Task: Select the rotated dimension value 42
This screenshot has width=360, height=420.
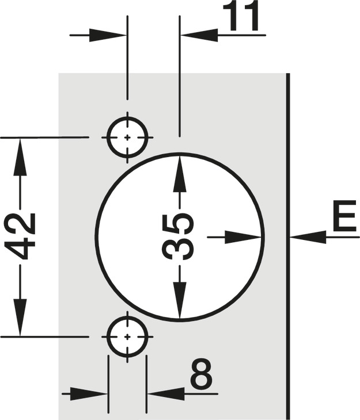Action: pyautogui.click(x=20, y=236)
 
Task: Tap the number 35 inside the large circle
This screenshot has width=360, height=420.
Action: pyautogui.click(x=178, y=236)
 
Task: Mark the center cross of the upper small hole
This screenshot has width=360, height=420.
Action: pyautogui.click(x=127, y=138)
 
